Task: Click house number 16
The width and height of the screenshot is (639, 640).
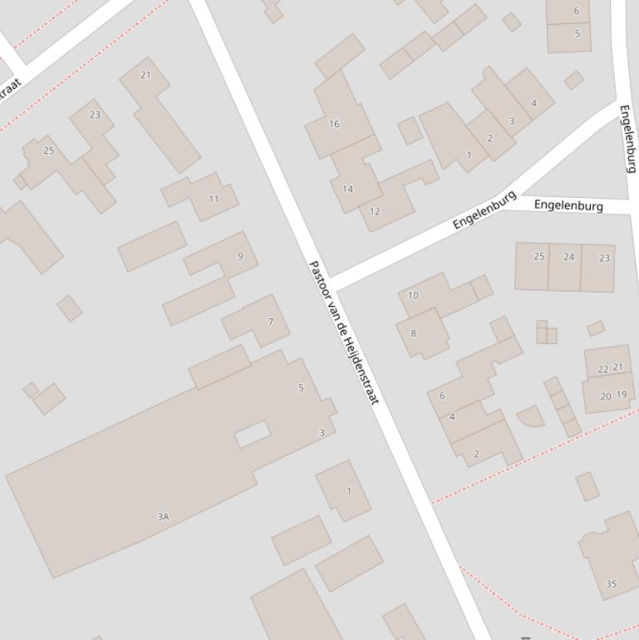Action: [x=334, y=124]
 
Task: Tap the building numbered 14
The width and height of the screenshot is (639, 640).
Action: [x=347, y=189]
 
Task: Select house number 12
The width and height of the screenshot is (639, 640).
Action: [x=375, y=211]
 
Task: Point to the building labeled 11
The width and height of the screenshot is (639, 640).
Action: [x=214, y=199]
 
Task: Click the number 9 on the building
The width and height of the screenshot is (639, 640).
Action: [x=241, y=256]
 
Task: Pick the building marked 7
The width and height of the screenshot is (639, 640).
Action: [x=270, y=322]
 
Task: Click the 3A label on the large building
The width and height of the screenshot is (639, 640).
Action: [x=163, y=516]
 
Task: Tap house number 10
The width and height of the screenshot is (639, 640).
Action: [x=413, y=295]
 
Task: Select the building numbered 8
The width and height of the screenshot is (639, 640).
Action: [x=413, y=333]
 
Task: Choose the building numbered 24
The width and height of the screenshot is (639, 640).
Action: [x=568, y=257]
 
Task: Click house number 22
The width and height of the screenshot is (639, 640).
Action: [x=603, y=369]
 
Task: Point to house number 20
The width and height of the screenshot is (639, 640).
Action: [x=606, y=396]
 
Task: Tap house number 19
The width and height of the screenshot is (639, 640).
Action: [x=622, y=395]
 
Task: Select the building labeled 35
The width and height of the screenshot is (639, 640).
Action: [x=611, y=583]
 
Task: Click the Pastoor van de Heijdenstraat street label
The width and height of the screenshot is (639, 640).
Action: [x=343, y=332]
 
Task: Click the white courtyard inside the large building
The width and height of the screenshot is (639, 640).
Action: [x=253, y=433]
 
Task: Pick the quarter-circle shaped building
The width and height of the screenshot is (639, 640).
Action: [x=530, y=416]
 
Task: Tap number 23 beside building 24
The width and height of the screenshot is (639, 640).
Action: [x=604, y=258]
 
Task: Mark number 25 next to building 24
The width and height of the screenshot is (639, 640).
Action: [x=538, y=256]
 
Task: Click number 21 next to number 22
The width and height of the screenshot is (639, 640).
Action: [x=617, y=367]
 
